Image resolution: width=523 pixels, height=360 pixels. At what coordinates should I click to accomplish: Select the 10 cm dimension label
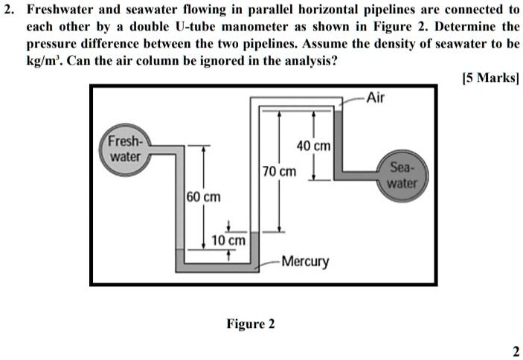[x=228, y=241]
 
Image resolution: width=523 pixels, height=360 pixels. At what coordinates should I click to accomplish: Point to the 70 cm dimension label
[x=279, y=172]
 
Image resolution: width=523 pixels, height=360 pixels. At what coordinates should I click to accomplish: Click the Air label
[x=376, y=97]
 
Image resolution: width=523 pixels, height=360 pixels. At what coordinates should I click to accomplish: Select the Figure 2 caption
[x=251, y=324]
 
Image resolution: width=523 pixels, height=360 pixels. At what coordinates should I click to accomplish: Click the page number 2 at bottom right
[x=516, y=351]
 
